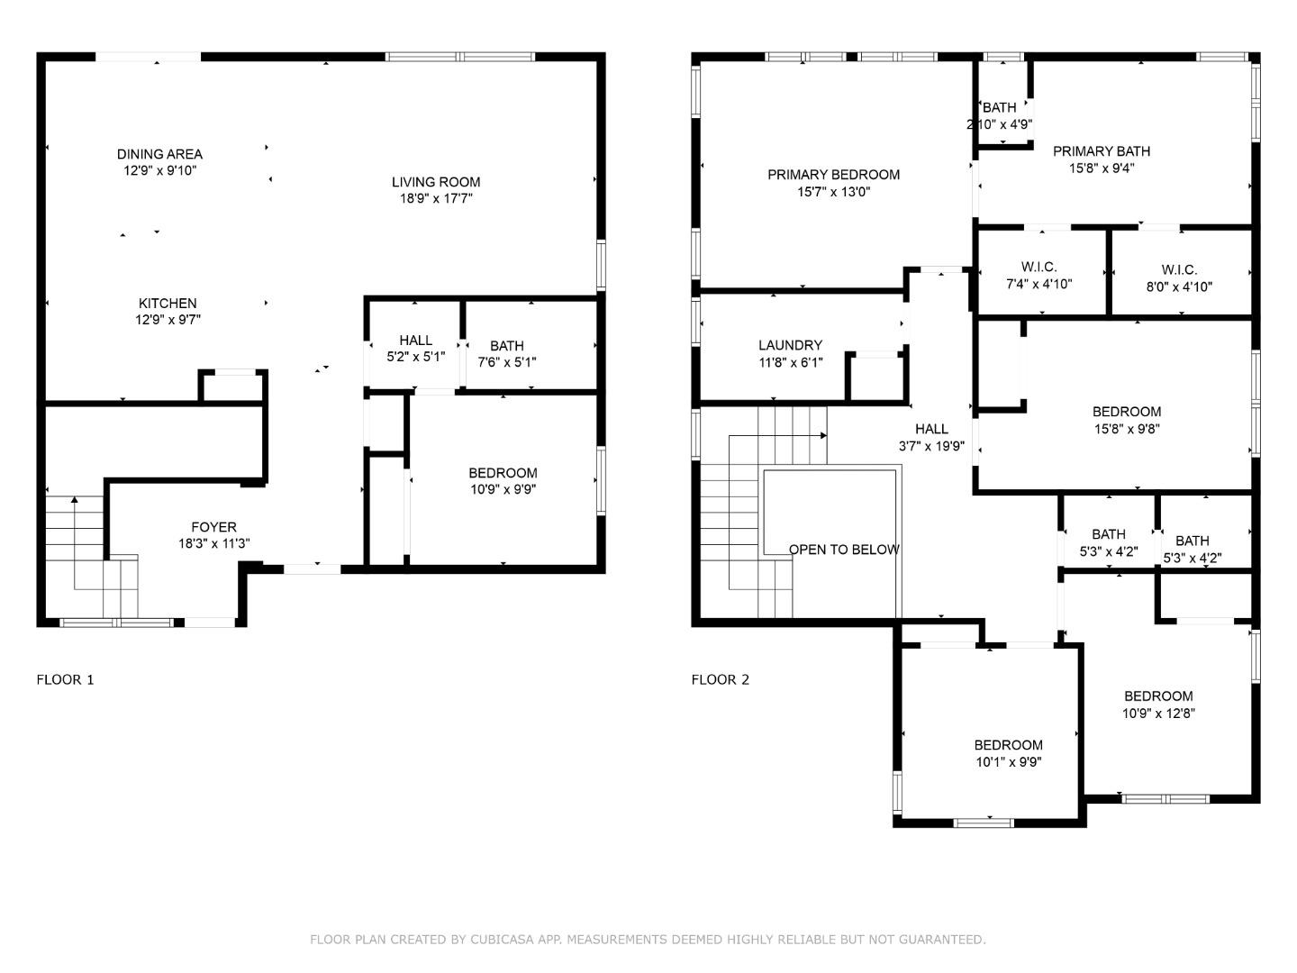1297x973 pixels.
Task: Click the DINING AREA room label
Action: point(159,154)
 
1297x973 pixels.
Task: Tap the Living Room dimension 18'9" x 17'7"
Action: point(436,199)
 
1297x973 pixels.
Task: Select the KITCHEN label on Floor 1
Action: point(168,304)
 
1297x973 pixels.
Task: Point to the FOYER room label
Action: point(213,527)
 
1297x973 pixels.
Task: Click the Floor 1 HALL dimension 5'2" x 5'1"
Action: point(415,357)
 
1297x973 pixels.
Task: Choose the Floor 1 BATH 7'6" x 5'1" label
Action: point(507,346)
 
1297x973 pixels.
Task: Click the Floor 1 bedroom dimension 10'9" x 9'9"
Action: point(503,490)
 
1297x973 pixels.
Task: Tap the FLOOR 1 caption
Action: point(65,680)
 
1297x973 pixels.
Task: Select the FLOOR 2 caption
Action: point(720,680)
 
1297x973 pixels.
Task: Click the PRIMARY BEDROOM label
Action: point(833,175)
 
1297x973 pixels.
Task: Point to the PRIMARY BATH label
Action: point(1102,151)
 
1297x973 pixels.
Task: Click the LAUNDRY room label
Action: point(790,345)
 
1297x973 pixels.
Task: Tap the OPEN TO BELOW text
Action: point(844,550)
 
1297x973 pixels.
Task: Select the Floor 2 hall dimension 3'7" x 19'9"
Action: point(931,446)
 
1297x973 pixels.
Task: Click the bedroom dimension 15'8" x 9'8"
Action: point(1127,429)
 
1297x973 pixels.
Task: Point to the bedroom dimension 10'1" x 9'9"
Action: point(1008,762)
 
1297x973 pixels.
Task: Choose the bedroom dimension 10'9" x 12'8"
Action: point(1158,714)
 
